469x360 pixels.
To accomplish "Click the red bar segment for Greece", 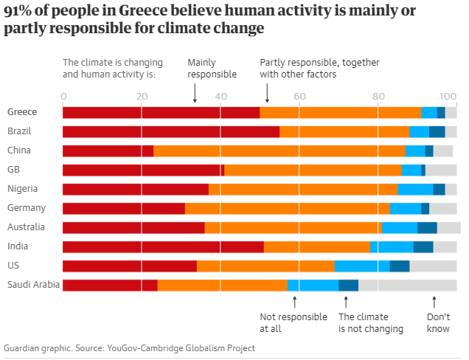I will click(161, 112).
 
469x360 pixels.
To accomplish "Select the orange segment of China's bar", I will click(279, 150).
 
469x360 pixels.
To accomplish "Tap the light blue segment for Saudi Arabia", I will click(313, 285).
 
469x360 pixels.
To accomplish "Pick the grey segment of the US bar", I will click(433, 266).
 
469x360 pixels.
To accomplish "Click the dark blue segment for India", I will click(423, 246).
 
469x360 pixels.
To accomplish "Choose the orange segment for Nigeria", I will click(303, 189).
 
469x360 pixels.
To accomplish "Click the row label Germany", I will click(27, 208).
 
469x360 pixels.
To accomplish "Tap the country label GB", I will click(13, 170).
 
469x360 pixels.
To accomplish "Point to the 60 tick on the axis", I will click(299, 95).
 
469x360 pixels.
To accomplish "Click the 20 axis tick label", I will click(142, 95).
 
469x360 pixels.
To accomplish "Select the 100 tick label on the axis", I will click(447, 95).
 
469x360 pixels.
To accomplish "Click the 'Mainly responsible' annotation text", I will click(212, 69).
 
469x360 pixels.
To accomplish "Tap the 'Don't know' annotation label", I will click(438, 322).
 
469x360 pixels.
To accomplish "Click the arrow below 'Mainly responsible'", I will click(195, 92).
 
